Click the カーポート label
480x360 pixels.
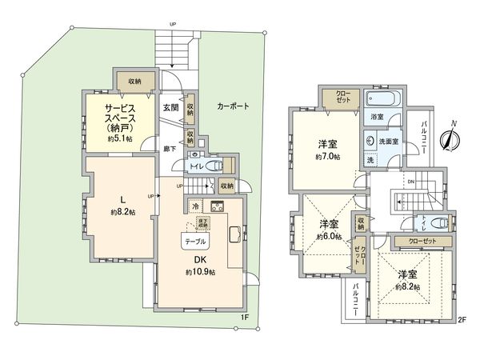pos(233,106)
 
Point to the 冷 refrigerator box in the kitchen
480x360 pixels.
pos(196,206)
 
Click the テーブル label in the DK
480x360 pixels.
pos(196,241)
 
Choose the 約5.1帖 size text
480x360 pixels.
pos(118,138)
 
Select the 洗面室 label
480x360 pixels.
pos(390,141)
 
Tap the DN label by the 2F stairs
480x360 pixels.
pos(411,182)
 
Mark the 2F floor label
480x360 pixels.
pos(462,318)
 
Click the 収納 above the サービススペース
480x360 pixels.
pos(132,81)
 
